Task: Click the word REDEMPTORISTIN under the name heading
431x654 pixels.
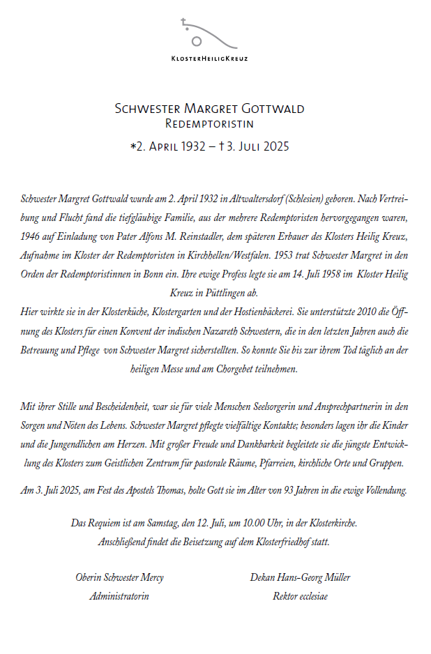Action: (x=209, y=123)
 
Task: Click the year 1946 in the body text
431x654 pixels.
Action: (x=31, y=236)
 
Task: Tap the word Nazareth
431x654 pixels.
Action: (x=242, y=330)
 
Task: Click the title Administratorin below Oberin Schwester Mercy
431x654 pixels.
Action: (x=119, y=596)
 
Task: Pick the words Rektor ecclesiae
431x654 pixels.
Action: (x=300, y=596)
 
